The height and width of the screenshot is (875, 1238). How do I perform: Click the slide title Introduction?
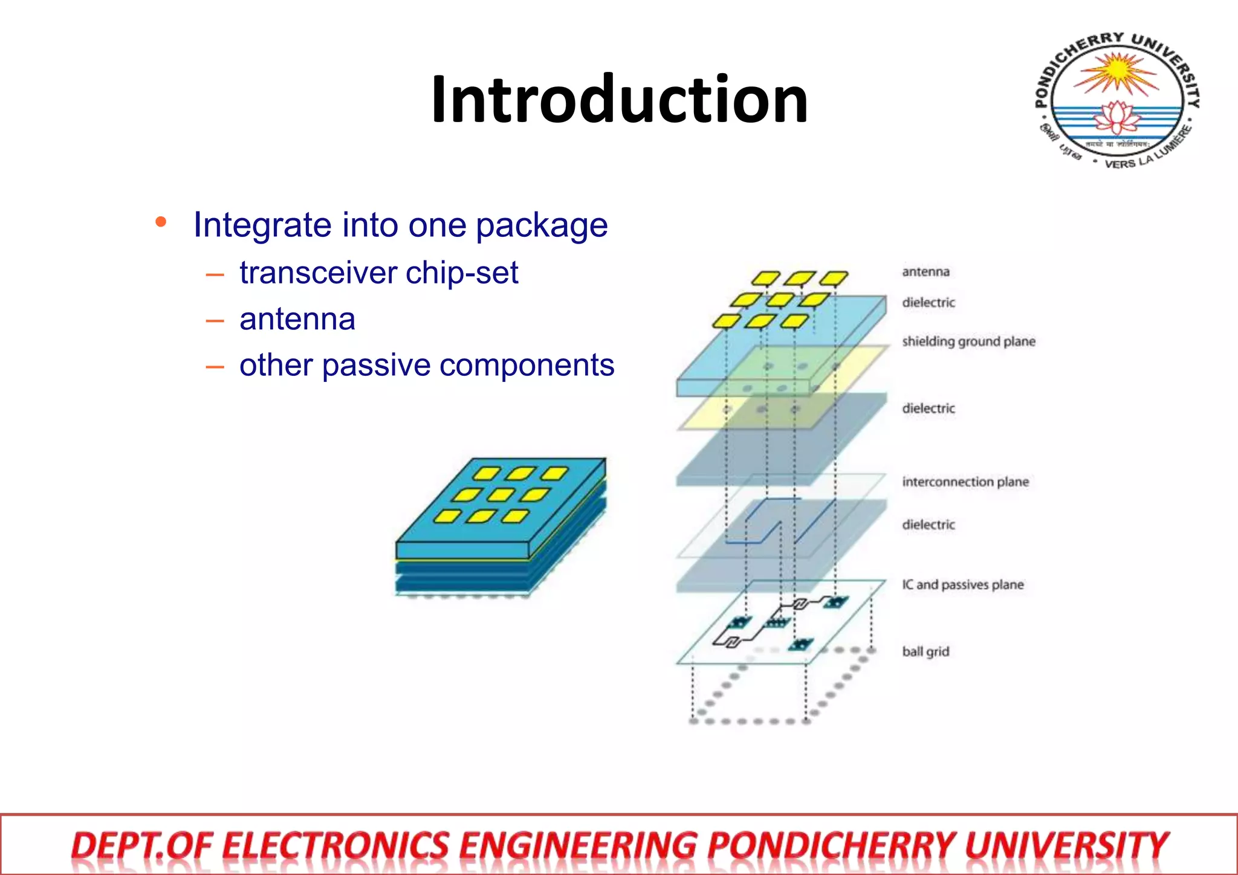point(619,100)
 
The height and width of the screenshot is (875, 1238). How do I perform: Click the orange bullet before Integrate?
point(161,222)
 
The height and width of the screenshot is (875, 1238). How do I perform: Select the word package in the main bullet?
point(542,227)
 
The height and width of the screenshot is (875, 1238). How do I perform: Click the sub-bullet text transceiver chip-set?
point(378,273)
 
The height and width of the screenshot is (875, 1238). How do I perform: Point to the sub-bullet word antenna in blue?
point(297,319)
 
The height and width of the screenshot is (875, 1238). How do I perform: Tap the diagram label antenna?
point(925,272)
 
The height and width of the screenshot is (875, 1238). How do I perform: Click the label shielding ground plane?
point(968,341)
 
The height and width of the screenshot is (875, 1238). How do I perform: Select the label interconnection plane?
point(965,482)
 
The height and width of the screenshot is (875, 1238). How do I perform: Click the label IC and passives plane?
point(962,584)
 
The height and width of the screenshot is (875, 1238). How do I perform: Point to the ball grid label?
point(925,651)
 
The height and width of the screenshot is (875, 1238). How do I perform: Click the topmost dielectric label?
point(928,302)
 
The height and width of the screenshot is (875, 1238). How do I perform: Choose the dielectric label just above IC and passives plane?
point(928,525)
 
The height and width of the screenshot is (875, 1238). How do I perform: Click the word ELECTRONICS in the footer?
point(336,845)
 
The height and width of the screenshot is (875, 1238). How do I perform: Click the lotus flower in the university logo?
point(1117,118)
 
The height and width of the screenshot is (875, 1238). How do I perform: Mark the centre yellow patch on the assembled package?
point(501,496)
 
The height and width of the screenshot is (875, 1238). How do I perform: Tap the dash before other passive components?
point(215,366)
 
